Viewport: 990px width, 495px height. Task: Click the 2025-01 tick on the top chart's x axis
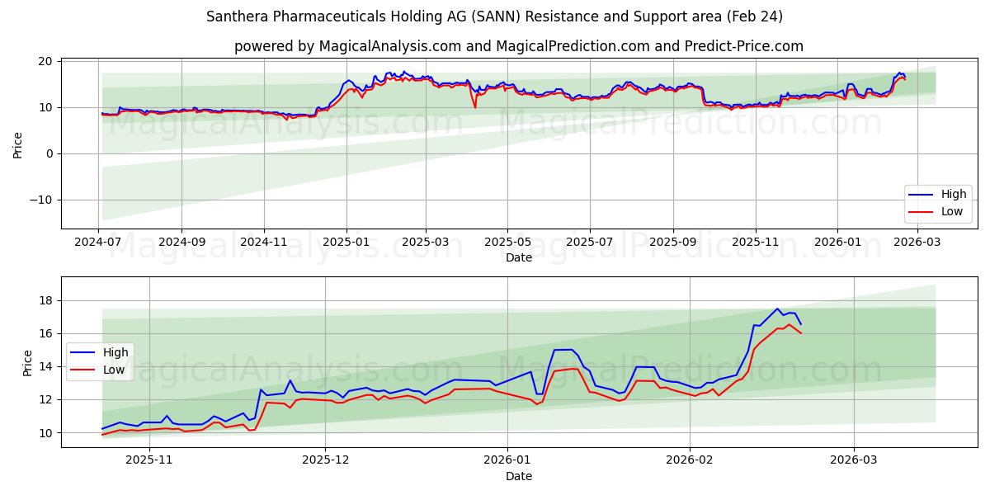pos(346,243)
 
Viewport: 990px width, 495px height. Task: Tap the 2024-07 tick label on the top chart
pos(99,243)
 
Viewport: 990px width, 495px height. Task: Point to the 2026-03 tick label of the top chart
pos(917,243)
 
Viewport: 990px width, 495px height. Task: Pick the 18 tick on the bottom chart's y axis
pos(46,300)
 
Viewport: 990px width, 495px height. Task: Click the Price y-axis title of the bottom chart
pos(27,363)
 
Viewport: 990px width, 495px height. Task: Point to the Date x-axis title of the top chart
pos(519,257)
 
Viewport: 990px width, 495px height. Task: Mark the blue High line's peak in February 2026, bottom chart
pos(777,309)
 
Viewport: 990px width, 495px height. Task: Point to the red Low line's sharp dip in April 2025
pos(475,107)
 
